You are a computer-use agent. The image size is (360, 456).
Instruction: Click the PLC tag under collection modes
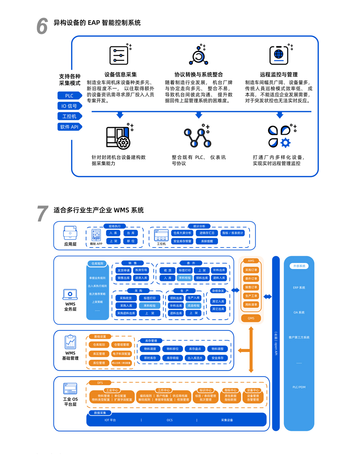click(70, 96)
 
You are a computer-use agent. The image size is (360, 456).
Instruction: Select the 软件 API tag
click(70, 127)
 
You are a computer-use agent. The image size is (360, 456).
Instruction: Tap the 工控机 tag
click(70, 117)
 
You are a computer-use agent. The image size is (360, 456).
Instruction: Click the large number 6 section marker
click(42, 26)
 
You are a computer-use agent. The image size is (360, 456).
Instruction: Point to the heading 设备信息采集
click(120, 74)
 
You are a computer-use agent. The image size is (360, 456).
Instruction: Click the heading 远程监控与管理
click(279, 74)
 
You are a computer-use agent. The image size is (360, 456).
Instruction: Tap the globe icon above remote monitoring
click(279, 54)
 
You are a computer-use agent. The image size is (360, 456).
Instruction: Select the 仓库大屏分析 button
click(182, 233)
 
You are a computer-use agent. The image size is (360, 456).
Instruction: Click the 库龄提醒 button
click(207, 241)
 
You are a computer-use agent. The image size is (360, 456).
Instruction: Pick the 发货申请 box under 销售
click(123, 271)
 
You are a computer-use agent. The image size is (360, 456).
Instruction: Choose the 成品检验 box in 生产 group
click(194, 306)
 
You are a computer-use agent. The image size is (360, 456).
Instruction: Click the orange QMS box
click(251, 318)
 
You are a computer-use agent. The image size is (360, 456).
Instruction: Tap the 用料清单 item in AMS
click(251, 305)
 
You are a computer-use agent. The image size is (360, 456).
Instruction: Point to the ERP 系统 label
click(299, 288)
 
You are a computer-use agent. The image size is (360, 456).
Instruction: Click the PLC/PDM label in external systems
click(299, 387)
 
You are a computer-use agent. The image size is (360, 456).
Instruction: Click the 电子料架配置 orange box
click(121, 354)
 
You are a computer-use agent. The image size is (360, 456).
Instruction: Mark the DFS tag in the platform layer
click(100, 383)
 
